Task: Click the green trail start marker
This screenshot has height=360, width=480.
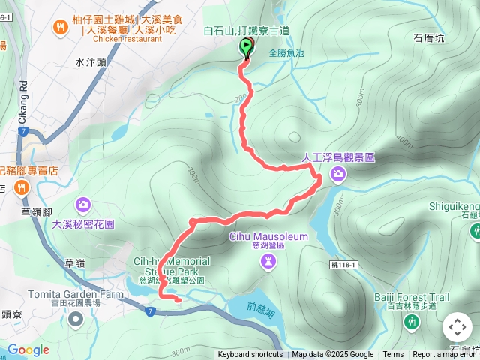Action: (x=247, y=47)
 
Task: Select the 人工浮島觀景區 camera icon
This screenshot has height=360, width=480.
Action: (x=339, y=175)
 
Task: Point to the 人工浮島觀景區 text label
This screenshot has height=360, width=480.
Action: (x=338, y=158)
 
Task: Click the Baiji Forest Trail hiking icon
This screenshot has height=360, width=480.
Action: (x=411, y=322)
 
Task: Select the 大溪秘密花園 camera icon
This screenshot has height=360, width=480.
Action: (x=83, y=204)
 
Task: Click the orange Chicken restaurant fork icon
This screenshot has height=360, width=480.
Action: (x=60, y=28)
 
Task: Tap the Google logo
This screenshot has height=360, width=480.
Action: (x=28, y=349)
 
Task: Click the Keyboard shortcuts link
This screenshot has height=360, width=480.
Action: (x=250, y=355)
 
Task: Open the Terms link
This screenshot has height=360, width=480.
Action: (x=393, y=355)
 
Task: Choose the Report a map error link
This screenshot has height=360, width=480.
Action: (x=445, y=355)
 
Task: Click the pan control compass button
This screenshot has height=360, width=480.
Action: (x=457, y=327)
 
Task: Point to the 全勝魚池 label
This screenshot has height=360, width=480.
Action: (x=286, y=53)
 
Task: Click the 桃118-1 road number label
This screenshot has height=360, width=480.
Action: (x=343, y=264)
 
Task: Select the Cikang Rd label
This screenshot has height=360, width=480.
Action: (x=23, y=95)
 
